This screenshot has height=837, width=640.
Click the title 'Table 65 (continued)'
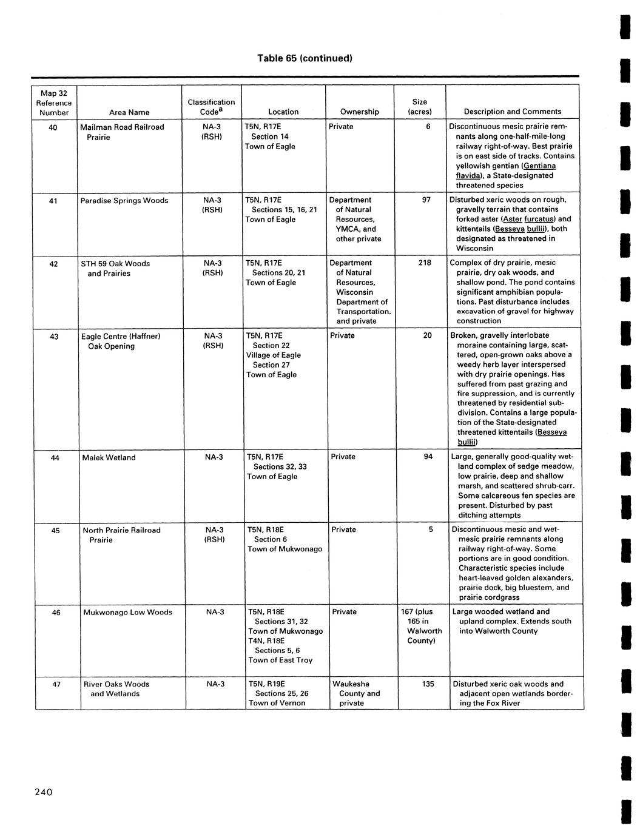click(305, 59)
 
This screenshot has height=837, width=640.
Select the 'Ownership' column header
click(360, 112)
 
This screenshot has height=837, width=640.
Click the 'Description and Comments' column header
click(513, 112)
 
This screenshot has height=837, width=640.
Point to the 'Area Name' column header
click(129, 112)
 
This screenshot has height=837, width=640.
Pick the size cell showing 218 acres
click(425, 263)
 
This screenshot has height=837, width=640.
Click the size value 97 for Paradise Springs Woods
click(426, 200)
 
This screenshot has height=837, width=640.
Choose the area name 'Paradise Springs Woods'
click(124, 201)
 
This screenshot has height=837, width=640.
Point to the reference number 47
click(56, 684)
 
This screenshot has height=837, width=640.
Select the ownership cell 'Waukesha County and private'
click(356, 694)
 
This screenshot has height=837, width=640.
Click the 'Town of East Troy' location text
click(280, 661)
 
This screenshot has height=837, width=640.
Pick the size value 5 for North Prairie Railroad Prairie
click(431, 529)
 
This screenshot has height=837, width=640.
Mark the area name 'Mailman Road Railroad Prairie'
click(122, 132)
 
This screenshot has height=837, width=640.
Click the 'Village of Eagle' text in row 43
click(273, 355)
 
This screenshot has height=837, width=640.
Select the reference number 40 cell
click(53, 127)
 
